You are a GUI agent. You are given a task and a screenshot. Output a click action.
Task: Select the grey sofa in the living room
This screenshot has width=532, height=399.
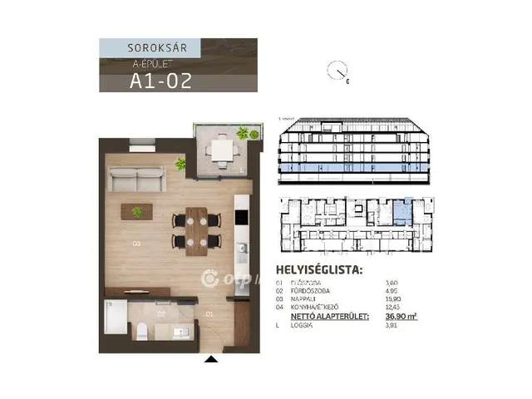point(137,180)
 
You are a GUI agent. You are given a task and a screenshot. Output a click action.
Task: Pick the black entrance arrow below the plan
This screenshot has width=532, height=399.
point(211,359)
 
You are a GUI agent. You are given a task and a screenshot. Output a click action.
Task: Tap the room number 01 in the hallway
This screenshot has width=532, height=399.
point(210,314)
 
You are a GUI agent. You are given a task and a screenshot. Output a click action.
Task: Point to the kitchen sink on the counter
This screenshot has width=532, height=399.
point(242,248)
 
